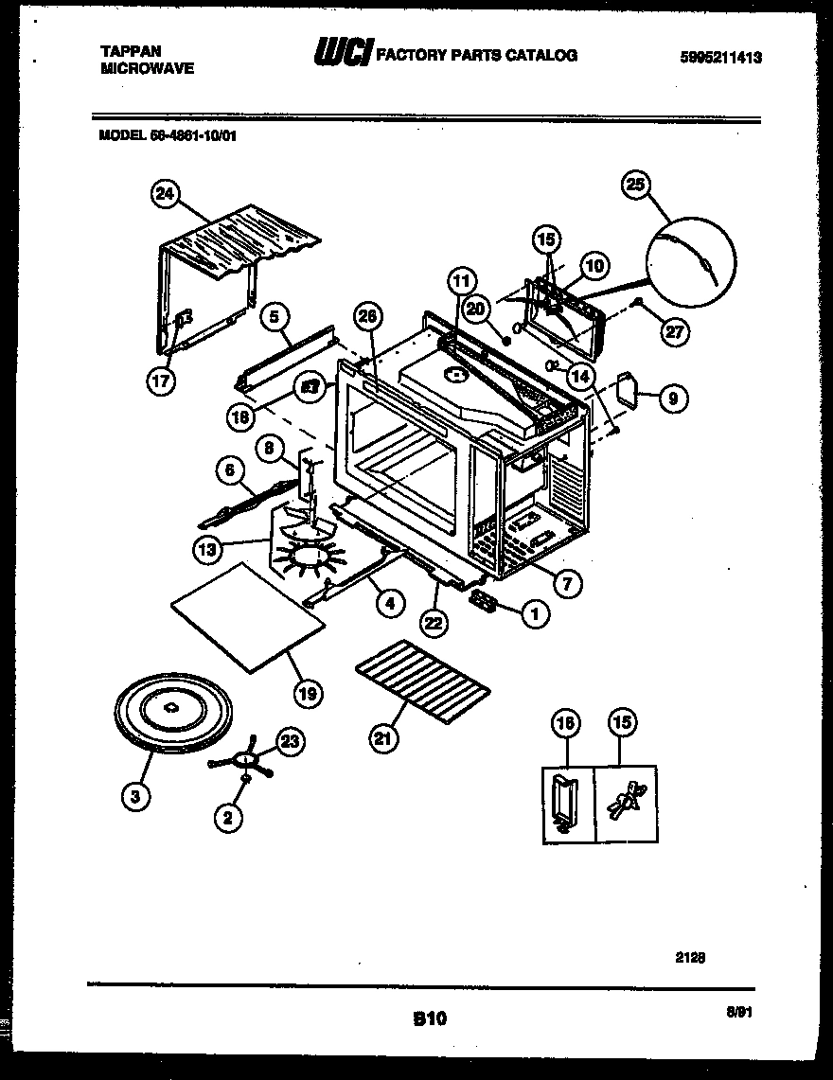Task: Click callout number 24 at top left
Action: (166, 195)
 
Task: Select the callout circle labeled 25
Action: (634, 185)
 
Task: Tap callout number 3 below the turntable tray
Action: (135, 796)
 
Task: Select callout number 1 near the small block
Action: (535, 613)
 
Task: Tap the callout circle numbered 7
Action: (566, 583)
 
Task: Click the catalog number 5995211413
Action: (721, 57)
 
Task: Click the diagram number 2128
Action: (691, 957)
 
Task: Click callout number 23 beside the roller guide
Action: (291, 742)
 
